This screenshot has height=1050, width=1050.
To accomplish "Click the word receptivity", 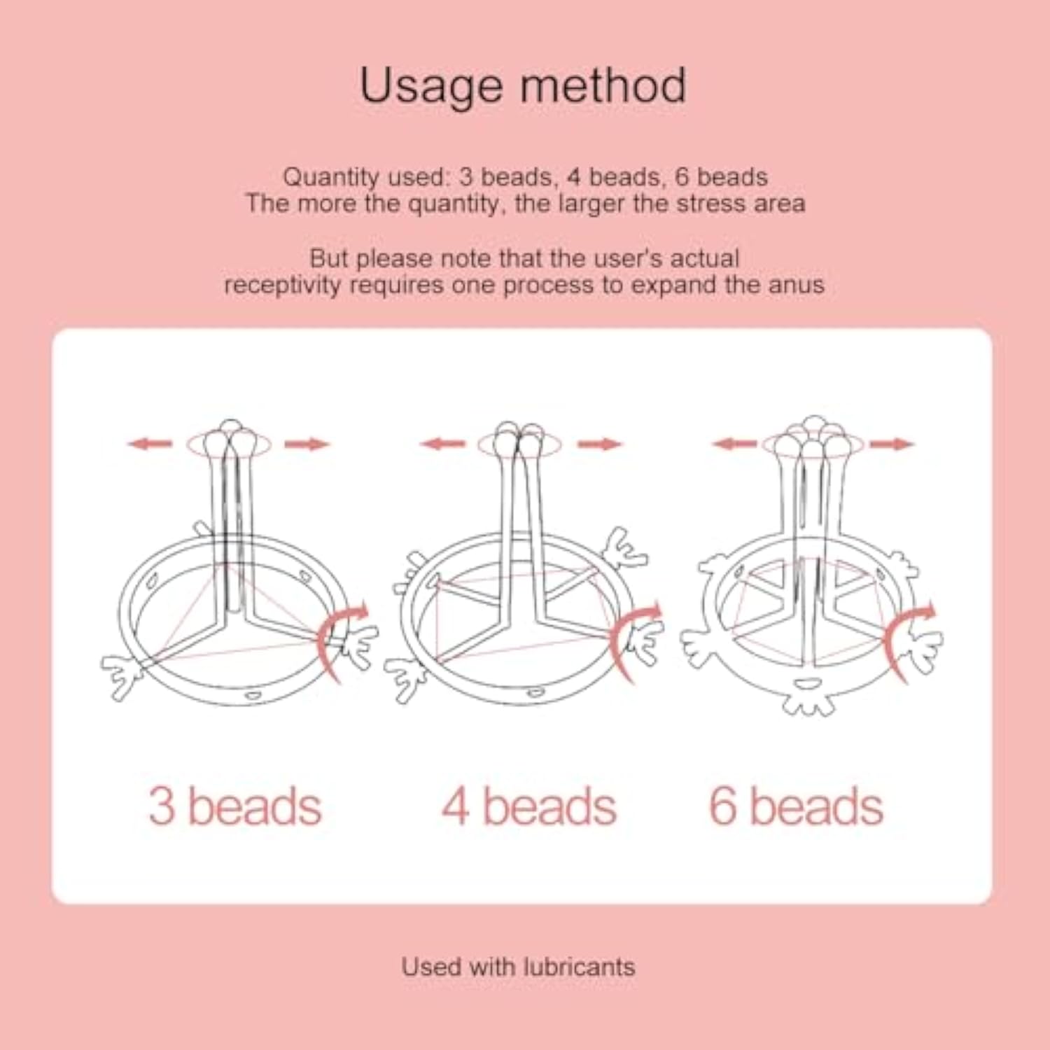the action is point(282,286).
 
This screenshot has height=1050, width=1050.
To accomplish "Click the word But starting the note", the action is point(328,258).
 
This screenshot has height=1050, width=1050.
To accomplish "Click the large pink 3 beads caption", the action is point(234,806).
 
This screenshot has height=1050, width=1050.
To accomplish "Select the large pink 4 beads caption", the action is point(529,806).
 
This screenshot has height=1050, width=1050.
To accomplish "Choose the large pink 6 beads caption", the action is point(796,806).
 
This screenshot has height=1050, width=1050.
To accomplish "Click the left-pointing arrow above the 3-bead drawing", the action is point(150,443).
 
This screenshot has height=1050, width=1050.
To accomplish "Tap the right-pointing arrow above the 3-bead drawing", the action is point(307,444).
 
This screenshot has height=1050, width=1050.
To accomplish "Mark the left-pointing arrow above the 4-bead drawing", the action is point(442,443).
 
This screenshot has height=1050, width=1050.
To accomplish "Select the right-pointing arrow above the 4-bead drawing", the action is point(600,444).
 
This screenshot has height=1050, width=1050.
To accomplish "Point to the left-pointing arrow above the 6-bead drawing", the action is point(734,443).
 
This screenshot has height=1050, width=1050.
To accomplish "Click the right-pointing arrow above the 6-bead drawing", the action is point(892,444).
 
